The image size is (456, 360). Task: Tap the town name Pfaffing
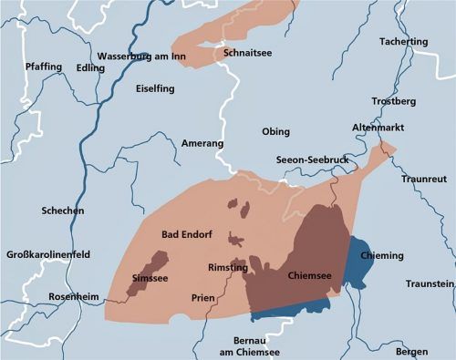click(x=44, y=67)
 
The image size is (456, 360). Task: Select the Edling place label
click(x=90, y=67)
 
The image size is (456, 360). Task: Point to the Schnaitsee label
click(x=247, y=54)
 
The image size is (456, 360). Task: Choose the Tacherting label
click(x=402, y=42)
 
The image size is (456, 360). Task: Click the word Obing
click(x=275, y=132)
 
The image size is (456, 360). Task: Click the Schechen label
click(x=63, y=211)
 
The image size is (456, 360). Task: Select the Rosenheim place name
click(x=54, y=297)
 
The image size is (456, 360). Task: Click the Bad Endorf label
click(x=187, y=234)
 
